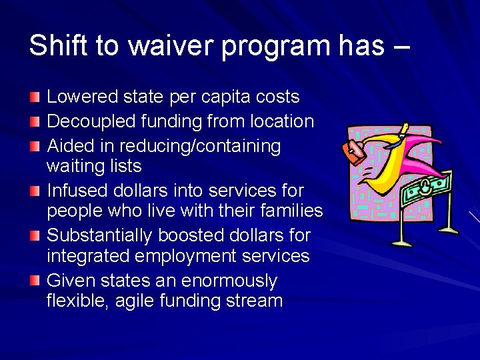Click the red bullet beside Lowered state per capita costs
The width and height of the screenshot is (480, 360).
[35, 97]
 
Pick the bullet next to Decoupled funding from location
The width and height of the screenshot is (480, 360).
[35, 122]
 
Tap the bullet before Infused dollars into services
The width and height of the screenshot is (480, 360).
[35, 191]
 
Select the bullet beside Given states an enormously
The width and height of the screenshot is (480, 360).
[35, 281]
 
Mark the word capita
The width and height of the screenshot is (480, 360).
[217, 97]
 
